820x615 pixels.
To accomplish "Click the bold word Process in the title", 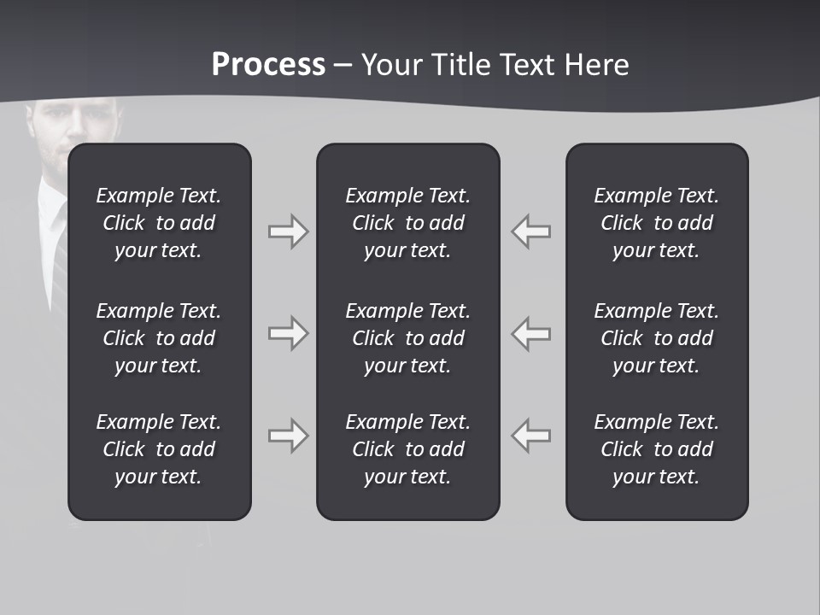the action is coord(268,65).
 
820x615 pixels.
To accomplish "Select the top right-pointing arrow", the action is coord(288,231).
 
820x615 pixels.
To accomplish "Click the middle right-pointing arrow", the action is coord(288,333).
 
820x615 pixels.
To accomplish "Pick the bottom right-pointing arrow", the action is coord(288,436).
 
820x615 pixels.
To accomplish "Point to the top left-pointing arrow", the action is coord(530,231).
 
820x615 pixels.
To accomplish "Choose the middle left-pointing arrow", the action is coord(530,333).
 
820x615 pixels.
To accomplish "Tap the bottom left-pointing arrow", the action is coord(530,436).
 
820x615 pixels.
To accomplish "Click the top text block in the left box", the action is coord(159,223).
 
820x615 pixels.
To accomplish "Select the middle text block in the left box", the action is coord(159,338).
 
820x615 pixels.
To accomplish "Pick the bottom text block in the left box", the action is coord(159,449).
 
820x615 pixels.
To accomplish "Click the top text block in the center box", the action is coord(407,223).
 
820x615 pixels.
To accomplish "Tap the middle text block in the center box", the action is coord(407,338).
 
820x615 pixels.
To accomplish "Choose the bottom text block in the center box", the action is coord(407,449).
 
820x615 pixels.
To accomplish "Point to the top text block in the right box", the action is coord(656,223).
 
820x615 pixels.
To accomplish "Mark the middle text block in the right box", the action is coord(656,338).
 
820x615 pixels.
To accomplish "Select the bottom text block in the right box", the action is coord(656,449).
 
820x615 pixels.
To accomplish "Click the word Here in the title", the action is coord(597,65).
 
